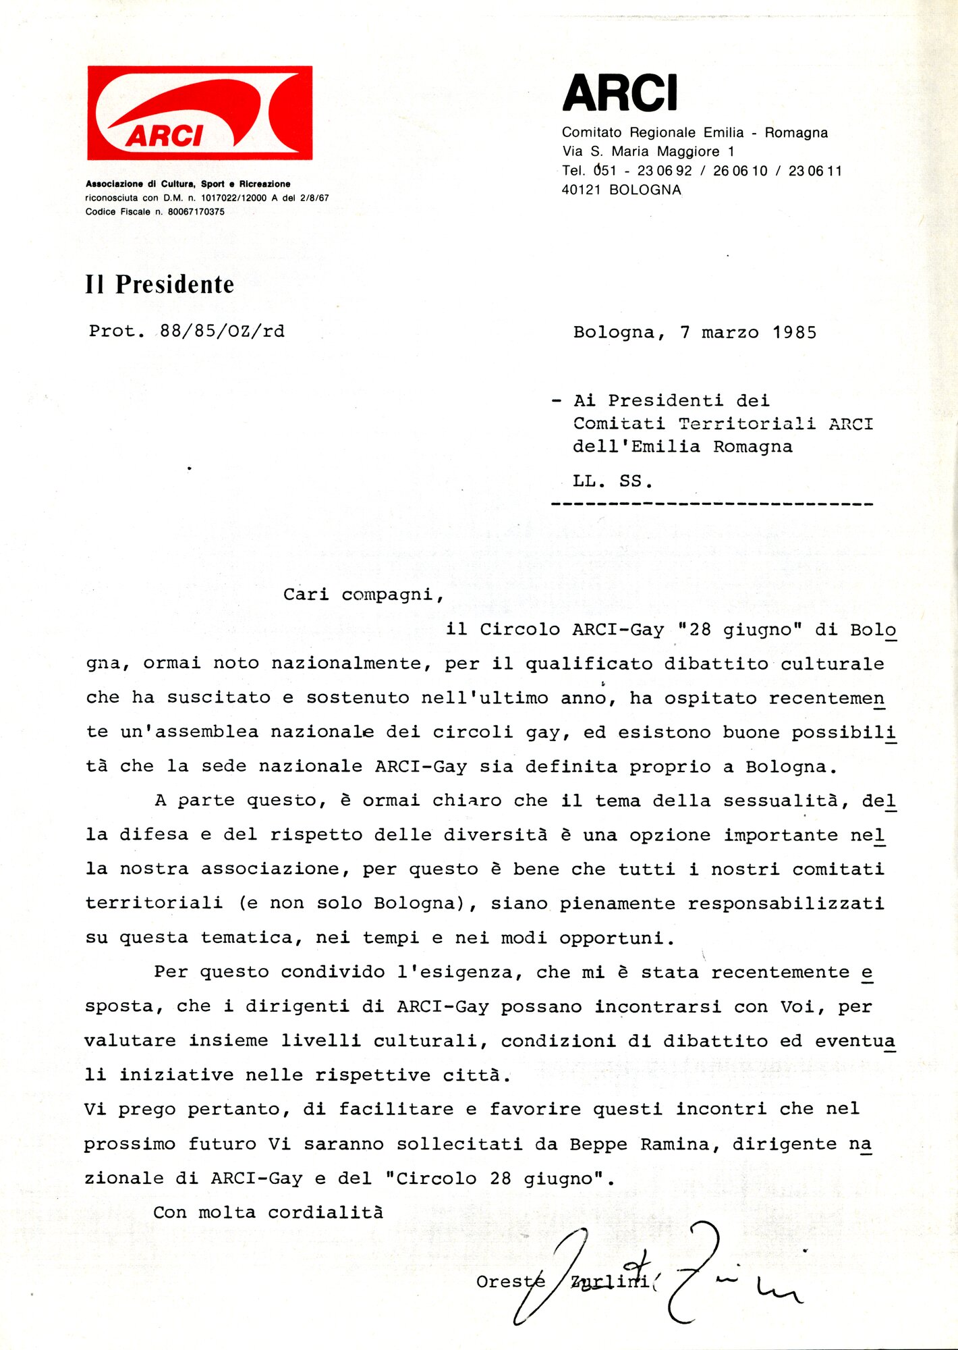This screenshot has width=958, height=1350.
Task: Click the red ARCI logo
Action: tap(200, 113)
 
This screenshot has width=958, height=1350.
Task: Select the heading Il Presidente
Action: tap(160, 285)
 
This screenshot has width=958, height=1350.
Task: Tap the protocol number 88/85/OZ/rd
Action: tap(222, 331)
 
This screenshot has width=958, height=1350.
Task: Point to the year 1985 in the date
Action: tap(794, 333)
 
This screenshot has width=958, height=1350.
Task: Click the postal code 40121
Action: tap(581, 190)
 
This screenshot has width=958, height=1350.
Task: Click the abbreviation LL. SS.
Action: tap(613, 482)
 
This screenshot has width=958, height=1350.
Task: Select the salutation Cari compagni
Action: tap(363, 595)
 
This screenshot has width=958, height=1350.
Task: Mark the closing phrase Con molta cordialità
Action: tap(268, 1213)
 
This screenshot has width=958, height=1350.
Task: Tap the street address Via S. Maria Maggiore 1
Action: tap(648, 152)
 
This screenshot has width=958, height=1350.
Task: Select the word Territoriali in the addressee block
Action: tap(747, 424)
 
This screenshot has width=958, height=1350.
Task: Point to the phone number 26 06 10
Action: tap(740, 171)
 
